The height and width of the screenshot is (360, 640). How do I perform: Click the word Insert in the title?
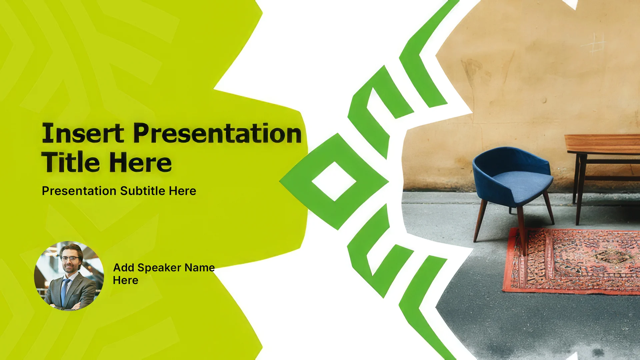(83, 133)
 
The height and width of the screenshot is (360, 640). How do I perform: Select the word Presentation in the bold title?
(218, 133)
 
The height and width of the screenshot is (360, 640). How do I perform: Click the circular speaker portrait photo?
(69, 276)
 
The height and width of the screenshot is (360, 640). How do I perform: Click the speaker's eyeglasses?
(69, 258)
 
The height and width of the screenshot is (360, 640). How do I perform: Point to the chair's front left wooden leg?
(480, 220)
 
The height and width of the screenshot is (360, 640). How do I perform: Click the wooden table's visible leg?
(580, 189)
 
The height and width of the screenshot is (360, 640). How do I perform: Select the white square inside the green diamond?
(334, 182)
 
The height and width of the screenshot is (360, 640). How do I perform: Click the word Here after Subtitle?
(182, 191)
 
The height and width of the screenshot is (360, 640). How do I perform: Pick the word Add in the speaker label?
(124, 268)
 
